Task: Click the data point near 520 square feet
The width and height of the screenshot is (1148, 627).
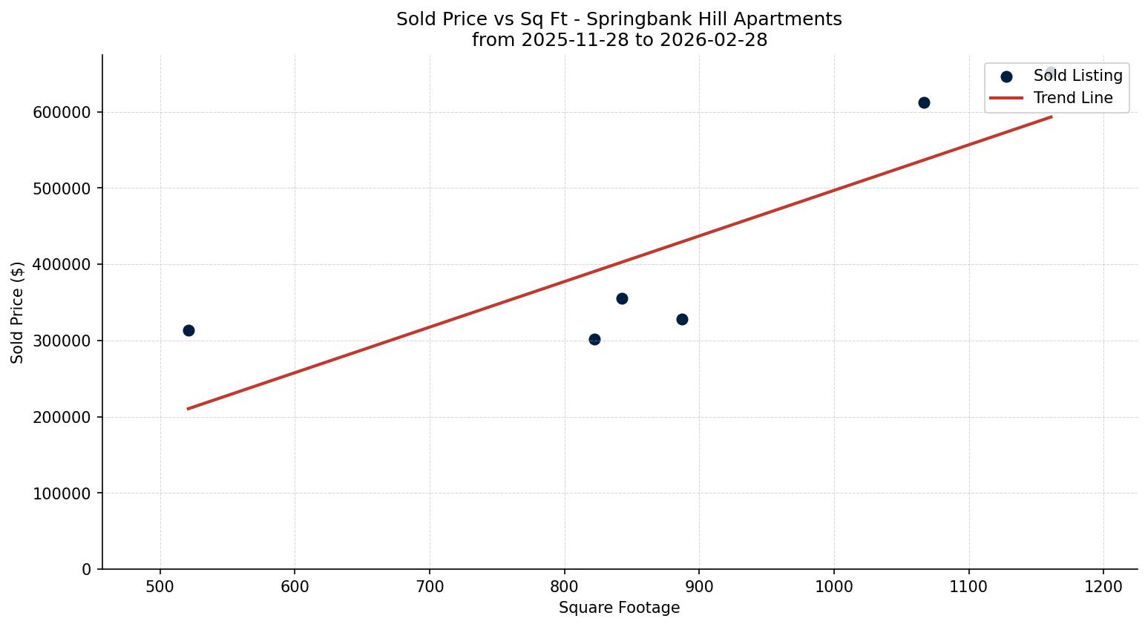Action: pos(188,330)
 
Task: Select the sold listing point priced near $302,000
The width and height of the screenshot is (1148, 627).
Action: pos(594,339)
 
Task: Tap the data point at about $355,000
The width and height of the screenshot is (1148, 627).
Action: pos(622,298)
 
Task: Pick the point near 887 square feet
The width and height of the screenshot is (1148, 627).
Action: pos(682,319)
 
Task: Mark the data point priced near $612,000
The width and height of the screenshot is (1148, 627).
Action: pos(924,102)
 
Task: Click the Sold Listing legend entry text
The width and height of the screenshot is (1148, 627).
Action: pos(1078,76)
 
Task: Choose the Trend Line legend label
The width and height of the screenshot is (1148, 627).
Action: pos(1073,98)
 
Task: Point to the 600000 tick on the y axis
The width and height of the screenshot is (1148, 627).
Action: pos(62,113)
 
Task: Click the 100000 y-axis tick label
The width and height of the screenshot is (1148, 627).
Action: pos(62,493)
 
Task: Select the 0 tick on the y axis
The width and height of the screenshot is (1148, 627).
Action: pos(87,569)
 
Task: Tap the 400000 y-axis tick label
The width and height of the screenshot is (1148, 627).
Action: pos(62,265)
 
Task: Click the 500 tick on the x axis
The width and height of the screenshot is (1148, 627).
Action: pos(160,587)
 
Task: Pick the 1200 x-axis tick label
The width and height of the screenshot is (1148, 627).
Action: pos(1103,587)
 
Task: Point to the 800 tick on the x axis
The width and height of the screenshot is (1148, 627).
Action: pos(565,587)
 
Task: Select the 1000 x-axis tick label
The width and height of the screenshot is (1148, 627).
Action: pos(834,587)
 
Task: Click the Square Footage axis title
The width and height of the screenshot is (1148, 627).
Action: pos(619,608)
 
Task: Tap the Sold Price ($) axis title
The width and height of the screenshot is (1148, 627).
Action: pos(18,312)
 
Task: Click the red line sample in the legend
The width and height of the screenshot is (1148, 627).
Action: pos(1006,98)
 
